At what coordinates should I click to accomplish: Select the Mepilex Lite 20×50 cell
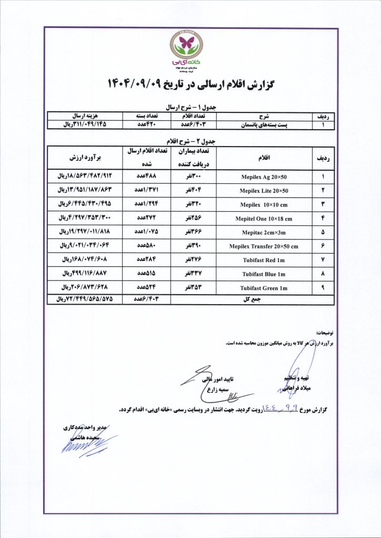[x=264, y=190]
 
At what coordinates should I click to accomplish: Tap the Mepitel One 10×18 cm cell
[x=264, y=218]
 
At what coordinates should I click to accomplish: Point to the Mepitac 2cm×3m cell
[x=264, y=232]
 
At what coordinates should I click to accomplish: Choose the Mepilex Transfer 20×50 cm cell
[x=264, y=246]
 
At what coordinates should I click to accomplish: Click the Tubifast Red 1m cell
[x=264, y=260]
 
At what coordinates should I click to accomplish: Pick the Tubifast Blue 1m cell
[x=264, y=274]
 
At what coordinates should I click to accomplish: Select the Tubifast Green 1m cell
[x=264, y=287]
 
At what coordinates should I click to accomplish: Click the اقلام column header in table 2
[x=263, y=157]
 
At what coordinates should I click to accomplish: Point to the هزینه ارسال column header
[x=85, y=115]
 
